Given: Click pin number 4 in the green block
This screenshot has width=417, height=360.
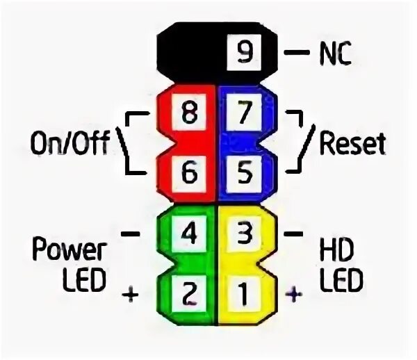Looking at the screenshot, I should [188, 233].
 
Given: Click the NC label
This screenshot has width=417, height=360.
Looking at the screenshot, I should [336, 54].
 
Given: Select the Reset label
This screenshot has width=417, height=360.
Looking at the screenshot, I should [352, 144].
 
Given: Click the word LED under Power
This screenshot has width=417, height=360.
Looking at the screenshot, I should [83, 281].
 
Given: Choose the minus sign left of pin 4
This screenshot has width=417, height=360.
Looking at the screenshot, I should [130, 234].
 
